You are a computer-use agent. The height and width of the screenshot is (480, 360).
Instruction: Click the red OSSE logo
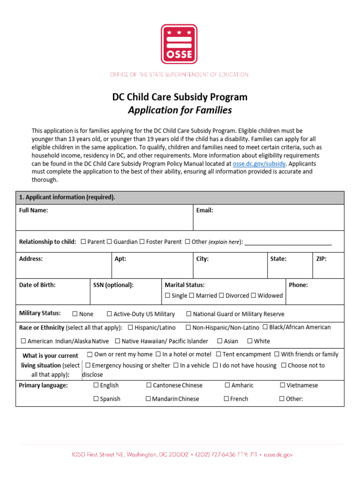coord(179,44)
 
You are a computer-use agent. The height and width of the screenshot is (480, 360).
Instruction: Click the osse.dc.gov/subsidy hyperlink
coord(259,164)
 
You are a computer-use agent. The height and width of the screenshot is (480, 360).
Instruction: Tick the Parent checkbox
coord(83,242)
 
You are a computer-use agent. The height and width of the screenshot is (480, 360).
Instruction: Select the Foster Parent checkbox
coord(142,242)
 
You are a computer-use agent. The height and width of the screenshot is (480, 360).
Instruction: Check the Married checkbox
coord(192,296)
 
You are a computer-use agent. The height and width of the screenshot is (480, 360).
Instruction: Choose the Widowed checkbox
coord(254,296)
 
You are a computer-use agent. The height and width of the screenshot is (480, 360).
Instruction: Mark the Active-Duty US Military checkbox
coord(109,314)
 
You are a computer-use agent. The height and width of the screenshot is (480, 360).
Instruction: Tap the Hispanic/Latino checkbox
coord(130,327)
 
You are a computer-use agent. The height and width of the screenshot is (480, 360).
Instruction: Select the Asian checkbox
coord(219,341)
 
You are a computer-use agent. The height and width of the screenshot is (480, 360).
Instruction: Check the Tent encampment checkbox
coord(218,354)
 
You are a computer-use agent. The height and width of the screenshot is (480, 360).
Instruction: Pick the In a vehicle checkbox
coord(176,365)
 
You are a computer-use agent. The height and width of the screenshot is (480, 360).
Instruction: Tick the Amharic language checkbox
coord(227,385)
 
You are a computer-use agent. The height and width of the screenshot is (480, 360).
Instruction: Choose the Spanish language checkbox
coord(96,399)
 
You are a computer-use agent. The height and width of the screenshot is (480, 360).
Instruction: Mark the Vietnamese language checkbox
coord(283,385)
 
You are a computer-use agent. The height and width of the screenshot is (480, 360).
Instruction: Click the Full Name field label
coord(33,210)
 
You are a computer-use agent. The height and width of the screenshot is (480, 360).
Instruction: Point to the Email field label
coord(204,210)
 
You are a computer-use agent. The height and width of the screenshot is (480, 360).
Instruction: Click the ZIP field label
coord(321,259)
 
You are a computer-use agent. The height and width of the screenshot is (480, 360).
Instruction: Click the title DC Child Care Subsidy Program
coord(180,97)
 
